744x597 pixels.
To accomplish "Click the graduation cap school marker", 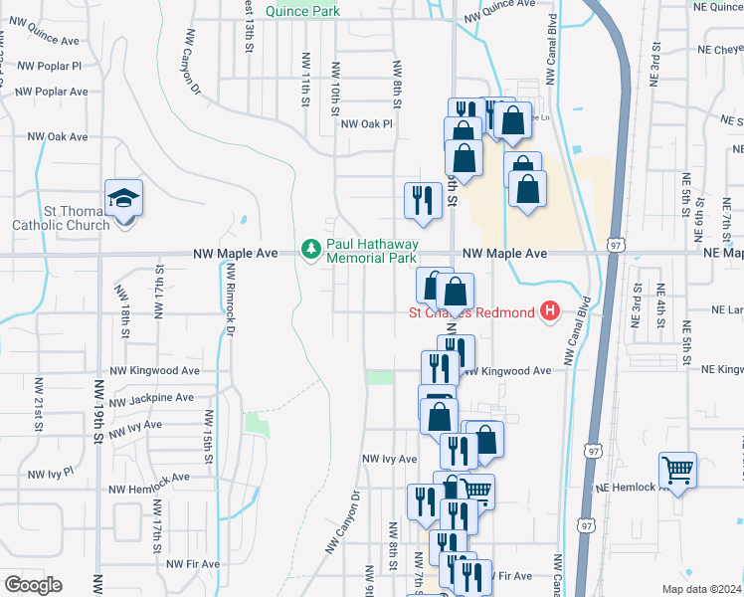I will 124,199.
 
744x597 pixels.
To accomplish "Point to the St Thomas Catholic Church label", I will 61,218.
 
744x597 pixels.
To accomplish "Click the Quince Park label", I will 308,11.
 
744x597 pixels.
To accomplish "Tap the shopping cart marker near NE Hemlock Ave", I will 677,470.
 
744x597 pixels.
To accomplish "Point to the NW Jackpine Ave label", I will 151,398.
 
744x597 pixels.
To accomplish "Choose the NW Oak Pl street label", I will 367,124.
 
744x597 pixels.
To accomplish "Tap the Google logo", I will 33,585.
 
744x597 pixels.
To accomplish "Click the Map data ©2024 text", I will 701,589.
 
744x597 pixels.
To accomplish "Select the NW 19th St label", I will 98,409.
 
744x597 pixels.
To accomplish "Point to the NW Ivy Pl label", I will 51,473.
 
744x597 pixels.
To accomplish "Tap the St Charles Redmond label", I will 471,312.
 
